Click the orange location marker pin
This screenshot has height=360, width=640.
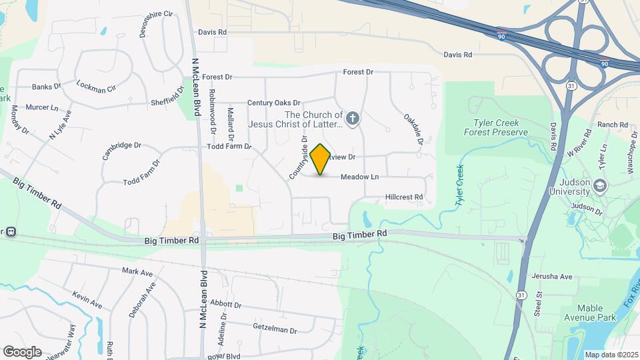pos(320,159)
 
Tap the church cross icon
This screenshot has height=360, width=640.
pos(353,119)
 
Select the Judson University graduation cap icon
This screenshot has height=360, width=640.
pos(599,186)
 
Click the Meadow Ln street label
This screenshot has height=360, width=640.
pos(359,177)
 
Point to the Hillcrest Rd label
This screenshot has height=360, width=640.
pos(404,197)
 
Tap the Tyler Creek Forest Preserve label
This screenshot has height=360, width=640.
pos(500,127)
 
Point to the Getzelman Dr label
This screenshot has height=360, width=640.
pos(274,328)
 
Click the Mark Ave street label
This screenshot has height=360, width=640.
pos(137,272)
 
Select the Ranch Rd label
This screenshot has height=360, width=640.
pos(613,125)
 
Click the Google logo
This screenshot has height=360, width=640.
pos(22,351)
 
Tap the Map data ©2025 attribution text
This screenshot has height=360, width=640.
pos(610,355)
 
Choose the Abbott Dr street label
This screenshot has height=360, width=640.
pos(225,304)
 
